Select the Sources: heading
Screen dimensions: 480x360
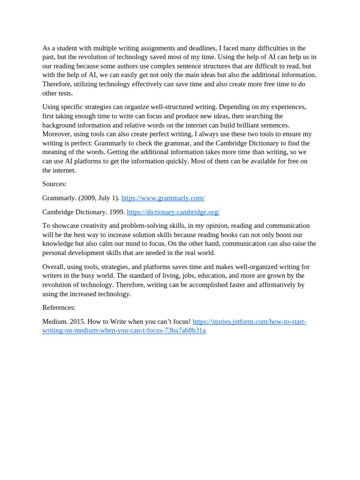[x=54, y=184]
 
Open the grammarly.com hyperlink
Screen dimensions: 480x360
[x=163, y=198]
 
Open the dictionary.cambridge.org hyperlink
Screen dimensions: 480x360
[x=173, y=212]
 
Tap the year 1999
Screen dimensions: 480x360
[x=117, y=212]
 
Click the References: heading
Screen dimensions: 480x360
[x=59, y=307]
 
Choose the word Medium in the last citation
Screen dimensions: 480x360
[x=54, y=322]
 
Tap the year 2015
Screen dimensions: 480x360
[x=78, y=322]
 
